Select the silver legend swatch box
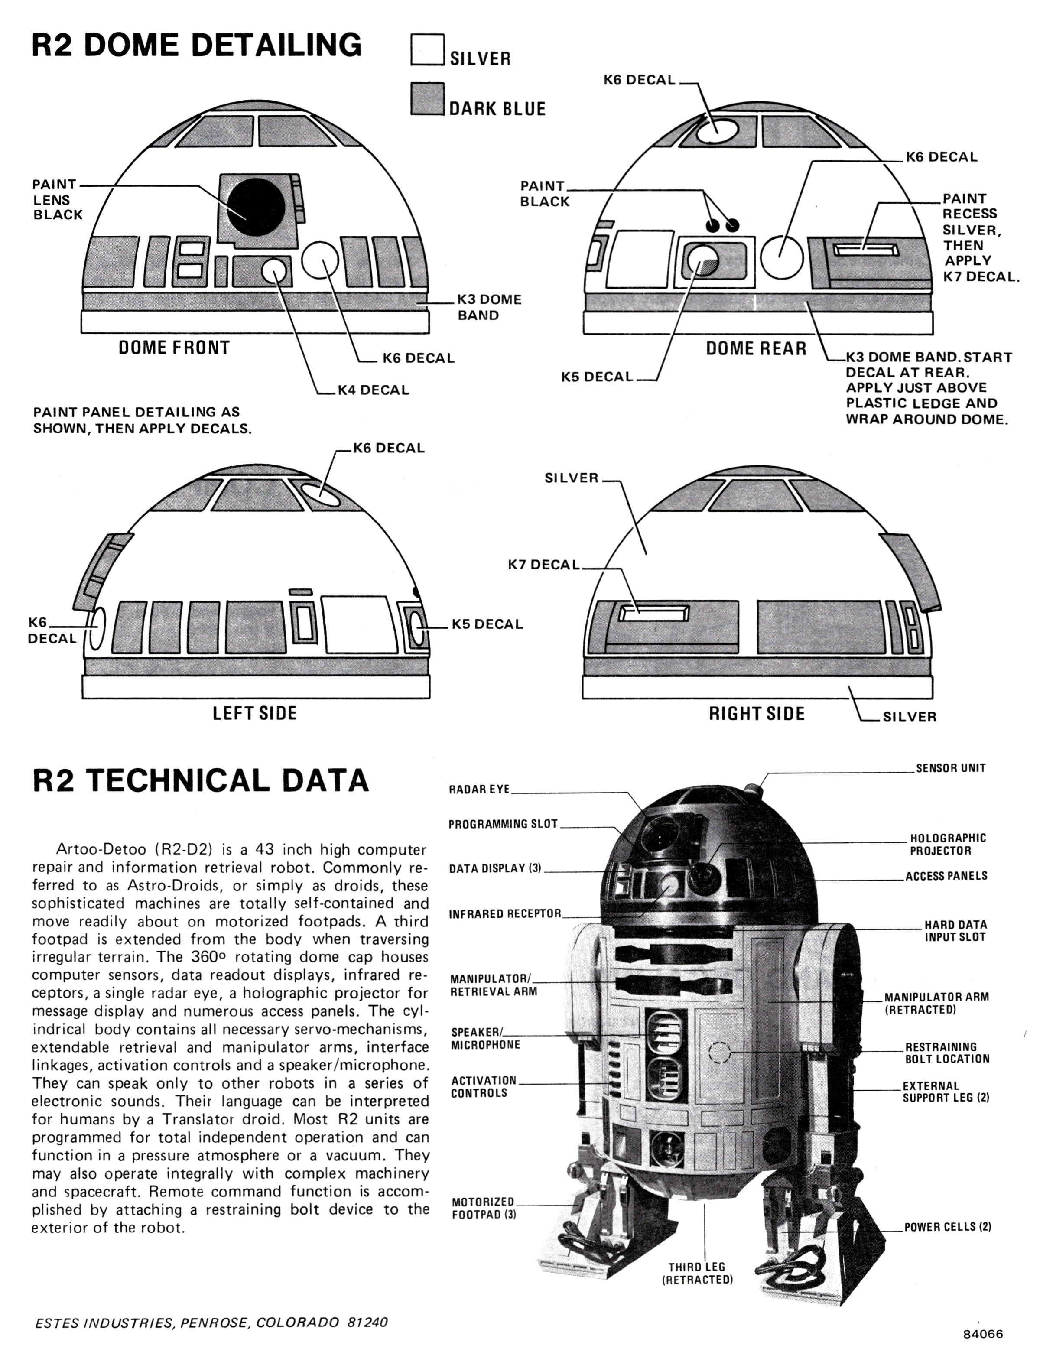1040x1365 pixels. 426,49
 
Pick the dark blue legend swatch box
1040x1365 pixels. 426,99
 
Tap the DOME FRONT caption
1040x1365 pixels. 174,348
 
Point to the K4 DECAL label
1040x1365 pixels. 373,390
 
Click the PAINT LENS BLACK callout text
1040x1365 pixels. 57,199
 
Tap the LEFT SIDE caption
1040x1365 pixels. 254,713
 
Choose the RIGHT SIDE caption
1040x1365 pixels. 757,714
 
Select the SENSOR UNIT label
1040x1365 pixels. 950,768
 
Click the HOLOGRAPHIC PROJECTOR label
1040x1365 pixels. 947,845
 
